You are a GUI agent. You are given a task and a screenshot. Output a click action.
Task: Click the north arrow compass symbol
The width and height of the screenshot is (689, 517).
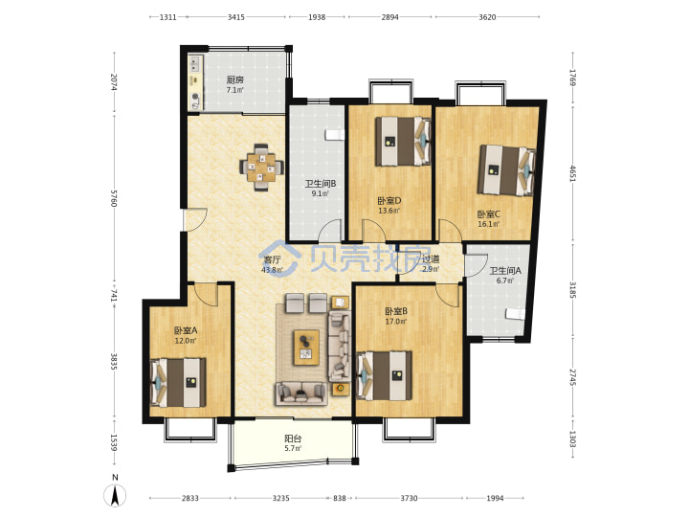(115, 495)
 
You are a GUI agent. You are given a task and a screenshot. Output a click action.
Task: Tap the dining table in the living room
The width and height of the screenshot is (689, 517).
(261, 167)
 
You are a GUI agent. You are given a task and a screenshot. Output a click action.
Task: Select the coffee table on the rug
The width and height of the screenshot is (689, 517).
(307, 348)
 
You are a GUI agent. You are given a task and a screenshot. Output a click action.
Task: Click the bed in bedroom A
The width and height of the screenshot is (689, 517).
(178, 382)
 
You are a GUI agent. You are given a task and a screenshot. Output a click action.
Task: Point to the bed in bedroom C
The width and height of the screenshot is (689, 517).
(506, 170)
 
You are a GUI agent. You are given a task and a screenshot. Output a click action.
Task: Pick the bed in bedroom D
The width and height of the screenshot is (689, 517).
(403, 141)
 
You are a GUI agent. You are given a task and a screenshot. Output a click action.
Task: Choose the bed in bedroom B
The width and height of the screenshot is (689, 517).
(385, 375)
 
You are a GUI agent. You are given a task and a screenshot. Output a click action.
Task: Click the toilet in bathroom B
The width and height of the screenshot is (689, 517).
(334, 135)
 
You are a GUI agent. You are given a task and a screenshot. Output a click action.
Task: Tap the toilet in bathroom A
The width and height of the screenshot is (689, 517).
(515, 313)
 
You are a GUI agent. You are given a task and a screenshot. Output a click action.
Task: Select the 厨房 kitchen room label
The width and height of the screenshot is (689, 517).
(235, 79)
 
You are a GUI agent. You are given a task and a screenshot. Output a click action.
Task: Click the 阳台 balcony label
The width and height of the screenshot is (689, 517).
(293, 438)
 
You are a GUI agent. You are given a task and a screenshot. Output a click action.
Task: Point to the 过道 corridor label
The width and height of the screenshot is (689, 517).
(431, 258)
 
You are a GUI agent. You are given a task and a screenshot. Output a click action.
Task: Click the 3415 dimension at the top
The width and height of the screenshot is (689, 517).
(236, 17)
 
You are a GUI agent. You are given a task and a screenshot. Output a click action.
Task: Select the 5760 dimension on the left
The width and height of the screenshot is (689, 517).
(114, 198)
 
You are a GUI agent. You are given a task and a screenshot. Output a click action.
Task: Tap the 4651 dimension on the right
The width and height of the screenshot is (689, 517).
(572, 172)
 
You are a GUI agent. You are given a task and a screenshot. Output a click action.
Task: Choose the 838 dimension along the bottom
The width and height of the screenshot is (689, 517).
(339, 498)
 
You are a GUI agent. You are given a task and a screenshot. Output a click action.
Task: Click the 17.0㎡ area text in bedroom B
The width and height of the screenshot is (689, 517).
(396, 322)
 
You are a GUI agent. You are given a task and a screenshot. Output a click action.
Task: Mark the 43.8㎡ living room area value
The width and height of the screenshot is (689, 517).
(273, 270)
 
